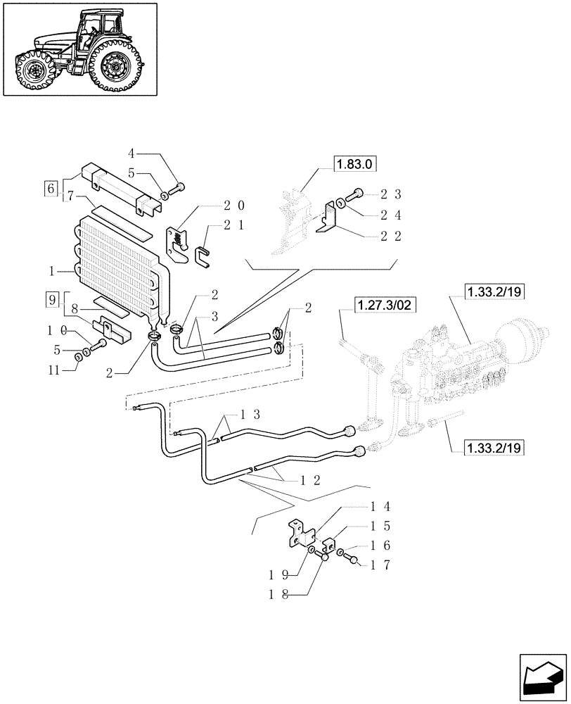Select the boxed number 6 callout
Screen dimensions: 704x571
click(x=50, y=188)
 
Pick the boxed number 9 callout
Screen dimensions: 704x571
click(x=52, y=298)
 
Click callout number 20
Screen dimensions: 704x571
click(x=235, y=205)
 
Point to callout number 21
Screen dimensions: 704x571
click(x=235, y=225)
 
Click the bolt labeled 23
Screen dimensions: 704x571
click(x=357, y=193)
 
